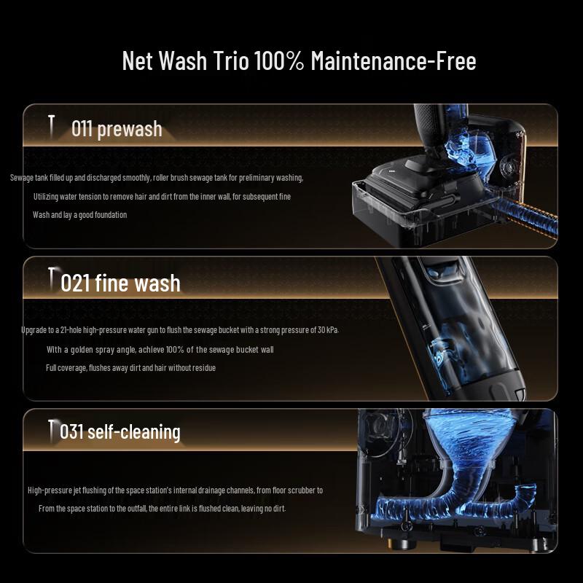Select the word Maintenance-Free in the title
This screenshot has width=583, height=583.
(394, 61)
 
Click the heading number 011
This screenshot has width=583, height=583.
(82, 130)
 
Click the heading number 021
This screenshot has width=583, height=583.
(75, 283)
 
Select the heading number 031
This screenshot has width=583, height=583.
(71, 431)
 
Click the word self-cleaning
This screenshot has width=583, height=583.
(133, 431)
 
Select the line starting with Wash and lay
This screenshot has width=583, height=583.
(79, 215)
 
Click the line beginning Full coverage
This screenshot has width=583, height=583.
(130, 368)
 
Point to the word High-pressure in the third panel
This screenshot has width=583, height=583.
(50, 490)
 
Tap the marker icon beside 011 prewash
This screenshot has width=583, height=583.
(51, 127)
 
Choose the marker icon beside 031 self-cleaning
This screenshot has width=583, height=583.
(51, 429)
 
